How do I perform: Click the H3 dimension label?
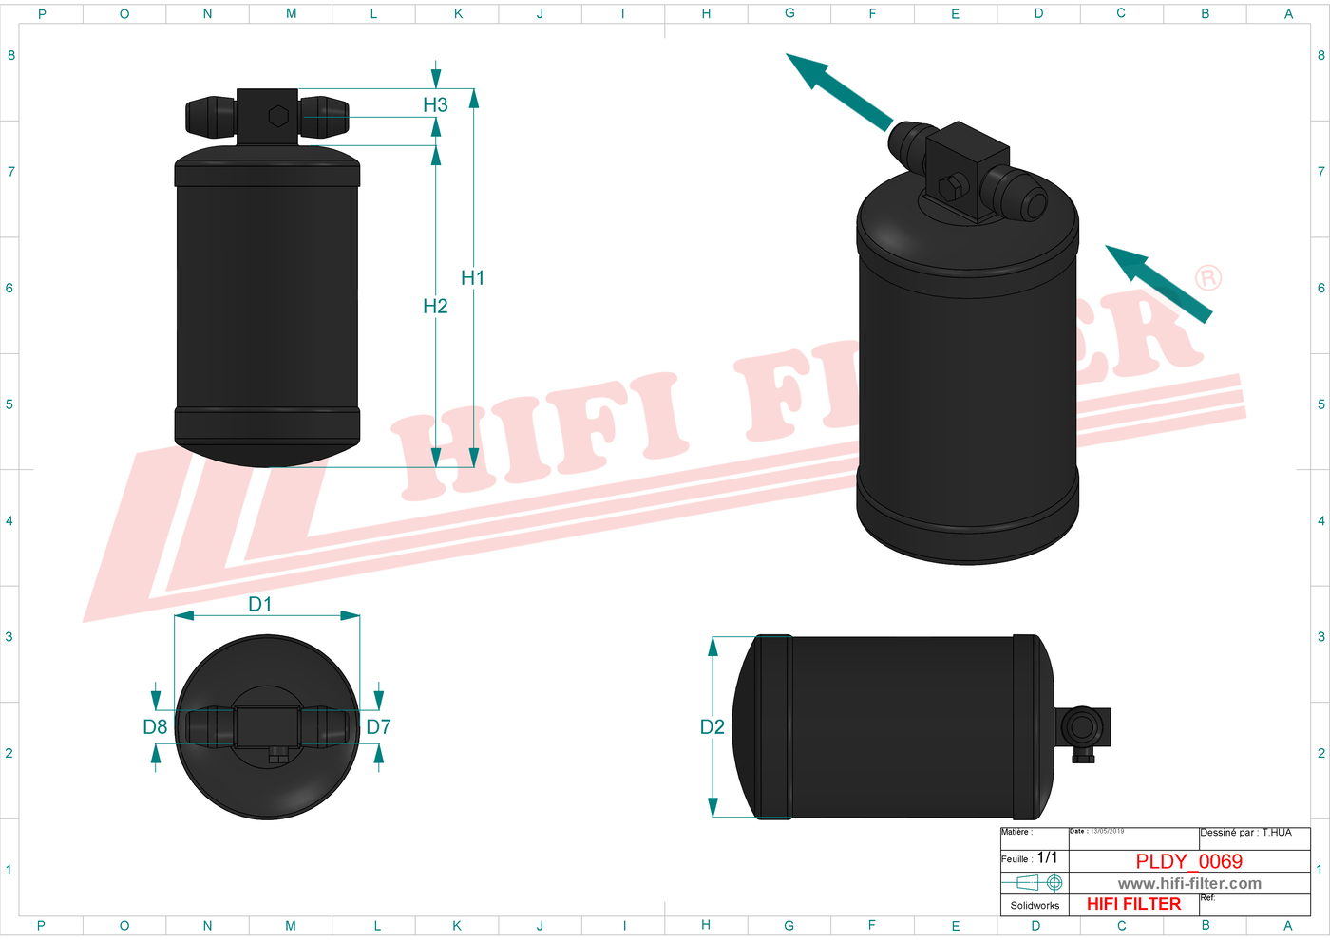435,105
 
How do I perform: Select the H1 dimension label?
472,278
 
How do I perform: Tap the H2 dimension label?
435,306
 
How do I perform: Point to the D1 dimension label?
259,605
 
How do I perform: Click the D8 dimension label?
155,727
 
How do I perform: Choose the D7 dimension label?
378,727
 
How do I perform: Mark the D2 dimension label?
712,727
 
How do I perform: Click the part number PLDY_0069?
1188,861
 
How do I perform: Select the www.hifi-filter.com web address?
1189,884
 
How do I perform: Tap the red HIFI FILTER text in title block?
1133,904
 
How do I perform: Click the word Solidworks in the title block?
1035,906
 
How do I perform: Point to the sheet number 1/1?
1047,857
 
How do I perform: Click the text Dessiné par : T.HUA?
1245,833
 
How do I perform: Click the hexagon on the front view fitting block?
278,116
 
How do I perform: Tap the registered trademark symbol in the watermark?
1207,278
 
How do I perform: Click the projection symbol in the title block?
1034,883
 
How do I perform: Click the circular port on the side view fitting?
1081,727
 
